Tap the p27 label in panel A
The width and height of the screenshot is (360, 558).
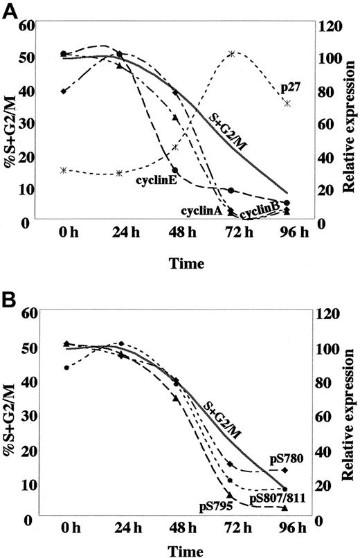pyautogui.click(x=289, y=88)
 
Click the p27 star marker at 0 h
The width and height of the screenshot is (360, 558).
pyautogui.click(x=63, y=170)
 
